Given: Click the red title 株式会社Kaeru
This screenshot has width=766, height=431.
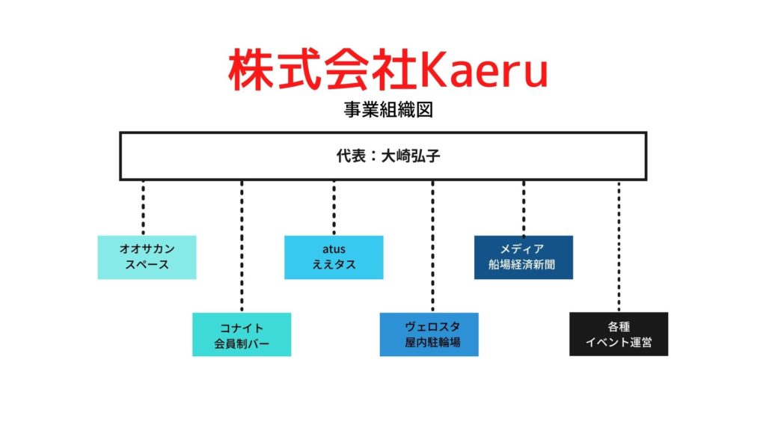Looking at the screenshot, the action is coord(388,69).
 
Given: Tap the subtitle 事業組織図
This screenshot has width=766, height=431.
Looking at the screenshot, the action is coord(388,109).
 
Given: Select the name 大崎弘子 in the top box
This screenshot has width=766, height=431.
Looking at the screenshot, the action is coord(411,156).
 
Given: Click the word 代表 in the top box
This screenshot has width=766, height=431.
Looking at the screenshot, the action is coord(351,156).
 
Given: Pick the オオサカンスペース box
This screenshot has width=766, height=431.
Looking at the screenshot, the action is coord(147,257).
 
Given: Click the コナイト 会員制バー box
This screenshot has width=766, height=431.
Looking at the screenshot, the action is coord(242,334).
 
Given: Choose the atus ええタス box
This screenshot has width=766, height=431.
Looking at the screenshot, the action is coord(334,257).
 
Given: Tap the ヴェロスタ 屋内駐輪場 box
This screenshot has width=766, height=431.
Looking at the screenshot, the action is coord(429,334).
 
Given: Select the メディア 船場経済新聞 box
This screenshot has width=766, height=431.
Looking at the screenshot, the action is coord(524,257).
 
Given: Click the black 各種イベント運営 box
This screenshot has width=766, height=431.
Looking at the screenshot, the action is coord(619,334).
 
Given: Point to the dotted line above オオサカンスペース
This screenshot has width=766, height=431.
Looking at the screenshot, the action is coord(143,208).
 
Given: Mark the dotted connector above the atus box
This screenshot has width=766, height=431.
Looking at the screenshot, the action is coord(334,208).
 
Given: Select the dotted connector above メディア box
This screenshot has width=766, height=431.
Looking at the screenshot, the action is coord(524,208).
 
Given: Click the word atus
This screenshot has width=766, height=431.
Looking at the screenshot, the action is coord(334,249).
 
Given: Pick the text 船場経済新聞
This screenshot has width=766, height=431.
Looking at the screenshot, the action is coord(521,265).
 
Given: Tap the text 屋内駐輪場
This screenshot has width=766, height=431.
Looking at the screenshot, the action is coord(432,342).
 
